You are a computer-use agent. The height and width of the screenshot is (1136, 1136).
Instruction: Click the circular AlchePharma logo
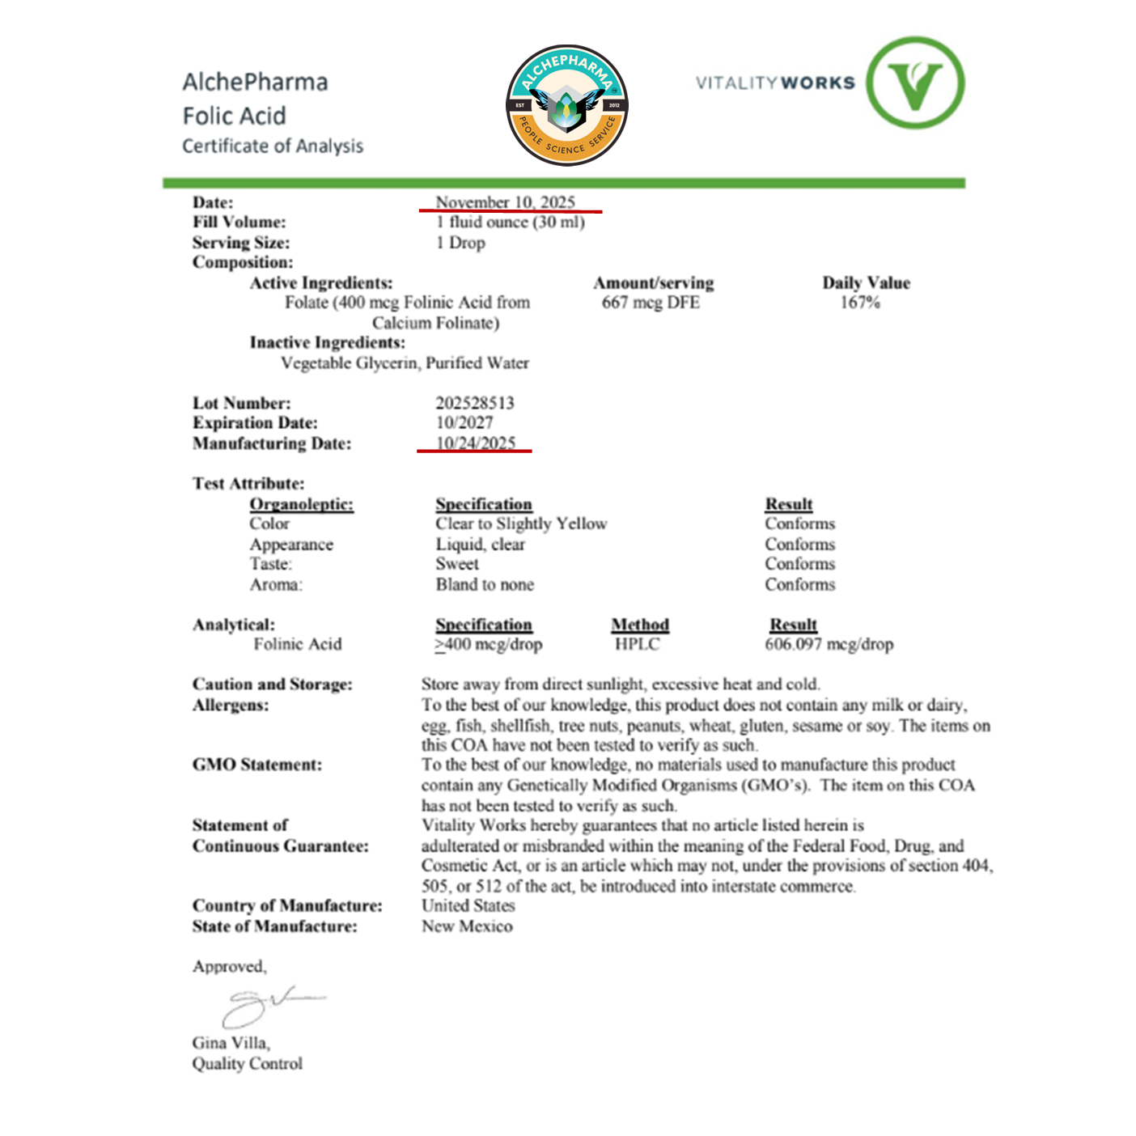tap(567, 105)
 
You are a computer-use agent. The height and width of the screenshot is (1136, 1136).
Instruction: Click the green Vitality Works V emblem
tap(915, 83)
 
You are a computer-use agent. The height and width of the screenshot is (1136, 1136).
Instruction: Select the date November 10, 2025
tap(505, 201)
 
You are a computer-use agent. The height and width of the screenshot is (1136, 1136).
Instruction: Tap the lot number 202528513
tap(475, 403)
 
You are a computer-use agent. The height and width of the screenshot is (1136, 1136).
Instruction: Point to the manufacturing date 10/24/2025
tap(476, 443)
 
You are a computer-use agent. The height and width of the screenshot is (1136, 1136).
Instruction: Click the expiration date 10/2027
tap(464, 422)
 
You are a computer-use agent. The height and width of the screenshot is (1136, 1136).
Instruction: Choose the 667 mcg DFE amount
tap(651, 303)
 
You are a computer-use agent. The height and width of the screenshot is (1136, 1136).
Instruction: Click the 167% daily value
tap(860, 303)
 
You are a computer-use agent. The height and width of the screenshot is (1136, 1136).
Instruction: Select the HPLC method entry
tap(637, 644)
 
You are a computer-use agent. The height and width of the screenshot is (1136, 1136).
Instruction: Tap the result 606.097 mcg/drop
tap(829, 644)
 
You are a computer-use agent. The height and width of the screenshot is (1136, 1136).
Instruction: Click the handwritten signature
tap(267, 1006)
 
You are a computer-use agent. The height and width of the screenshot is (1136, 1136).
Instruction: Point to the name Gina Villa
tap(231, 1043)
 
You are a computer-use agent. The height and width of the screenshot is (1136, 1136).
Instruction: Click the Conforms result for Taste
tap(799, 564)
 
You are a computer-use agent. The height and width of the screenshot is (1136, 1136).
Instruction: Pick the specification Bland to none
tap(485, 584)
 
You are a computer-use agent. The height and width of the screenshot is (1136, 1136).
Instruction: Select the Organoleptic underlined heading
tap(301, 504)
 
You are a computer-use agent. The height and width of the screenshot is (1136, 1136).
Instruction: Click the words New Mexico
tap(467, 926)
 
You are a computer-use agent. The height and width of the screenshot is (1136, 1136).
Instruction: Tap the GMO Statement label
tap(256, 765)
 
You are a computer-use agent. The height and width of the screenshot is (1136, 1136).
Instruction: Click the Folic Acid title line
tap(234, 116)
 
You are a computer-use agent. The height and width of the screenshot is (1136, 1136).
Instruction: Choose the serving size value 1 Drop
tap(460, 243)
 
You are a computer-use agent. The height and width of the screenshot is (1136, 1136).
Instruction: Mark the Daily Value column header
tap(866, 282)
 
